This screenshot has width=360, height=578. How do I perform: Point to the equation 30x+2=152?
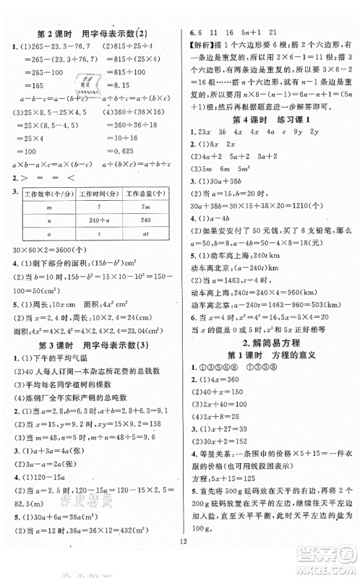click(x=221, y=436)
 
